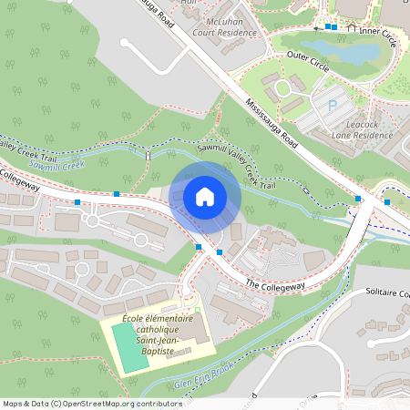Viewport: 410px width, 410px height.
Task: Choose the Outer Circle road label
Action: click(x=307, y=55)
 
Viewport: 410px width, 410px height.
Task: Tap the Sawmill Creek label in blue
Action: click(x=56, y=166)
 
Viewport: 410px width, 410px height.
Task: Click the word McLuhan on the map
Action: click(x=222, y=18)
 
